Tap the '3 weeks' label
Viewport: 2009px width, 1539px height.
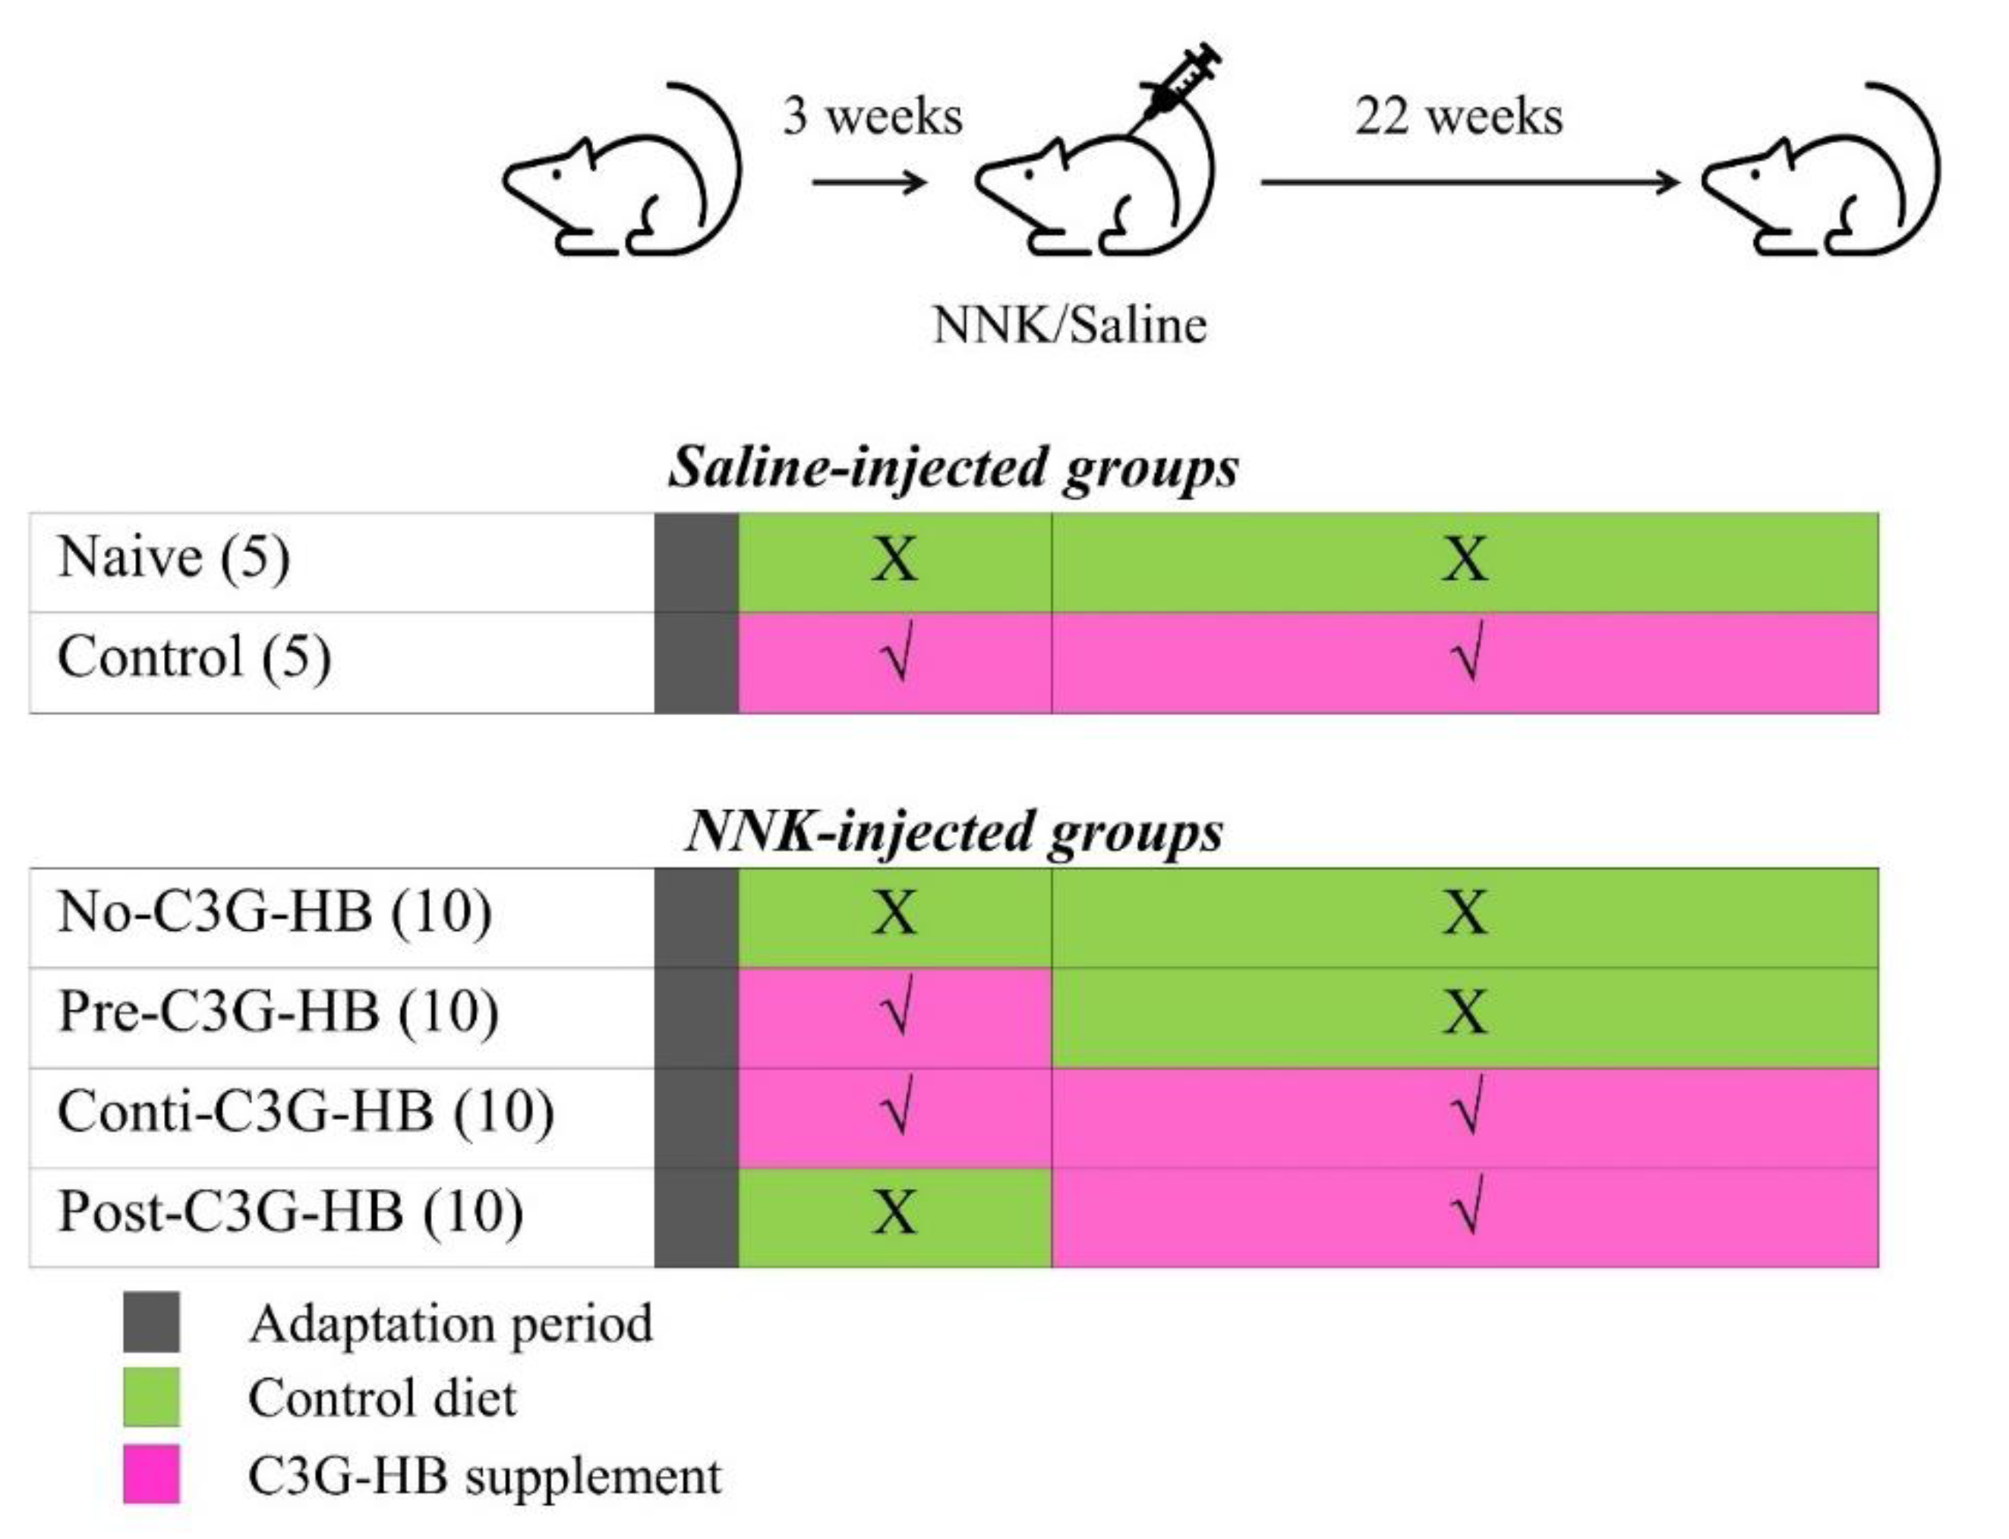(x=872, y=116)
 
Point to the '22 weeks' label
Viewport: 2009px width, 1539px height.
(x=1459, y=116)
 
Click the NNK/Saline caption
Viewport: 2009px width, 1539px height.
(x=1069, y=325)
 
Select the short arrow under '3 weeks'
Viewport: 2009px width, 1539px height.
(x=869, y=181)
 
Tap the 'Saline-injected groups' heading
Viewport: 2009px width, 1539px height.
(x=953, y=468)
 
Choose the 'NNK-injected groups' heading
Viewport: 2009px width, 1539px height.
(x=953, y=832)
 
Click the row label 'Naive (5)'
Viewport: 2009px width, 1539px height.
(x=173, y=557)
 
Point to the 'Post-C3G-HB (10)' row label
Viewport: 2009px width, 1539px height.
(x=290, y=1211)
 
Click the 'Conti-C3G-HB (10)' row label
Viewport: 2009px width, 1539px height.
(x=305, y=1112)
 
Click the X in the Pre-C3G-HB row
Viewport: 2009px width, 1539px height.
(x=1464, y=1012)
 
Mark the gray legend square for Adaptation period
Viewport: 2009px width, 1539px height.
(x=151, y=1322)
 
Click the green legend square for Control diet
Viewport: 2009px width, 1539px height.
(x=151, y=1398)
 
